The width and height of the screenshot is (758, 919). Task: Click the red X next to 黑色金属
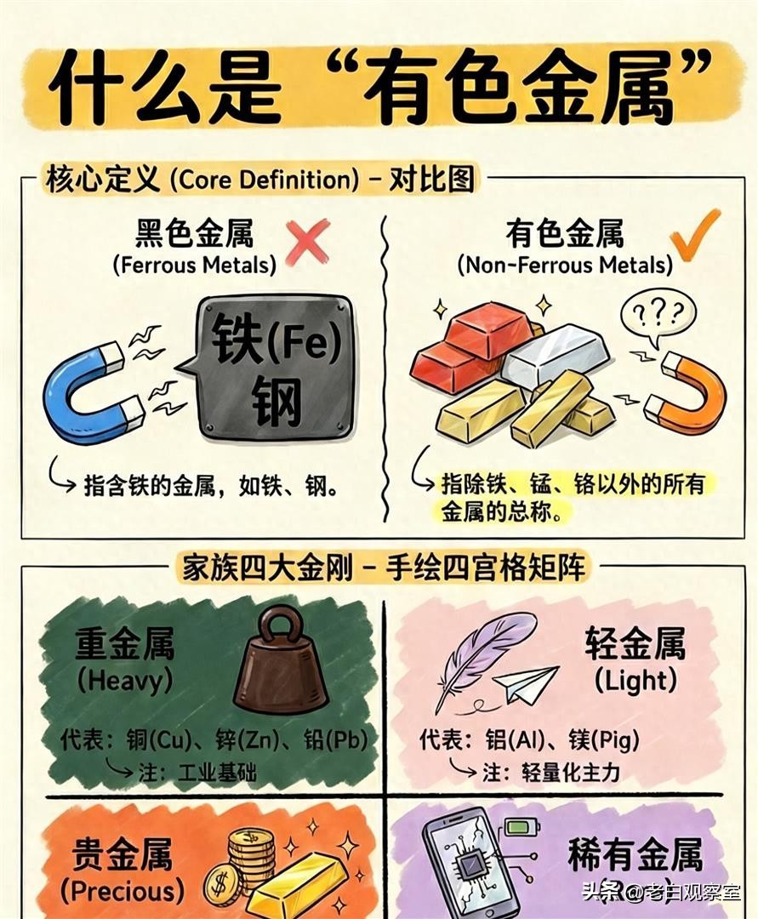307,241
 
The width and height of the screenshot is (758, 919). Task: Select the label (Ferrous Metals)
194,265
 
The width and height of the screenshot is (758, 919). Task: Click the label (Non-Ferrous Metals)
564,265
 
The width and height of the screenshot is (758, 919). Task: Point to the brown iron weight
280,663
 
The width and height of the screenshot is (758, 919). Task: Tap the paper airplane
527,685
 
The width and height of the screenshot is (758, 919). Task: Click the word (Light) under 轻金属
635,680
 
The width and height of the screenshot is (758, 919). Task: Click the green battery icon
516,826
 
